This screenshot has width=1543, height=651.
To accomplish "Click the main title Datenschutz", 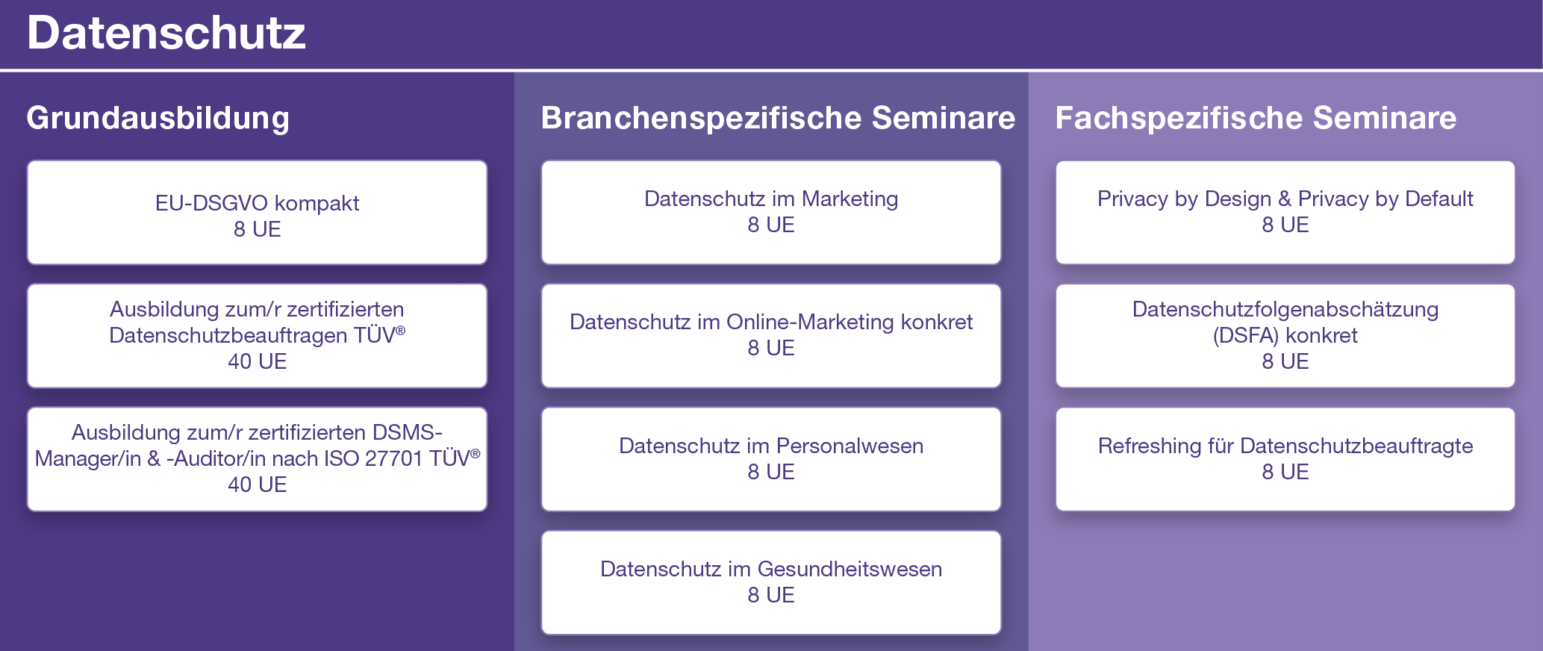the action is (x=166, y=34).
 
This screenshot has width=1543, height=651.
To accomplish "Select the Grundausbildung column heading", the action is (x=158, y=119).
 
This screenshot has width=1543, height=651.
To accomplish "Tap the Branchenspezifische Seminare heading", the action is (x=778, y=119).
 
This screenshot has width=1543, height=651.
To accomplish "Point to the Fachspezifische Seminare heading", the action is (x=1256, y=119).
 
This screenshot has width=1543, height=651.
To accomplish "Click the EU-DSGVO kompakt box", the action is (x=257, y=213).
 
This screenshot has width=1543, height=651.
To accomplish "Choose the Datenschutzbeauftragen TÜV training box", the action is (x=257, y=336).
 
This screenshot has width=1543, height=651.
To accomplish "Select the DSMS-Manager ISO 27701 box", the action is (x=257, y=459).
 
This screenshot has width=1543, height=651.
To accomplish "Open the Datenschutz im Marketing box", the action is (x=771, y=213).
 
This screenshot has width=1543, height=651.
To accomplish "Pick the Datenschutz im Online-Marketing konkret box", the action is (x=771, y=336).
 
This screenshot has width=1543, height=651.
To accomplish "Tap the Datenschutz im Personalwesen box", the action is (x=771, y=459).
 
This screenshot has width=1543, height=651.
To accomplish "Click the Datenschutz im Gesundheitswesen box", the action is (x=771, y=582).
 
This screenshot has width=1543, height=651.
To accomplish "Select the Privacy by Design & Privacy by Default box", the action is (x=1285, y=213).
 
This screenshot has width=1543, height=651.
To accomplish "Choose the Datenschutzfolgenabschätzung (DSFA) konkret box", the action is (x=1285, y=336).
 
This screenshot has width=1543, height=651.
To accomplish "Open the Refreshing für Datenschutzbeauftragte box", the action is (x=1285, y=459).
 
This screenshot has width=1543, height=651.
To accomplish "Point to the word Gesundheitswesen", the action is (x=850, y=569).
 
